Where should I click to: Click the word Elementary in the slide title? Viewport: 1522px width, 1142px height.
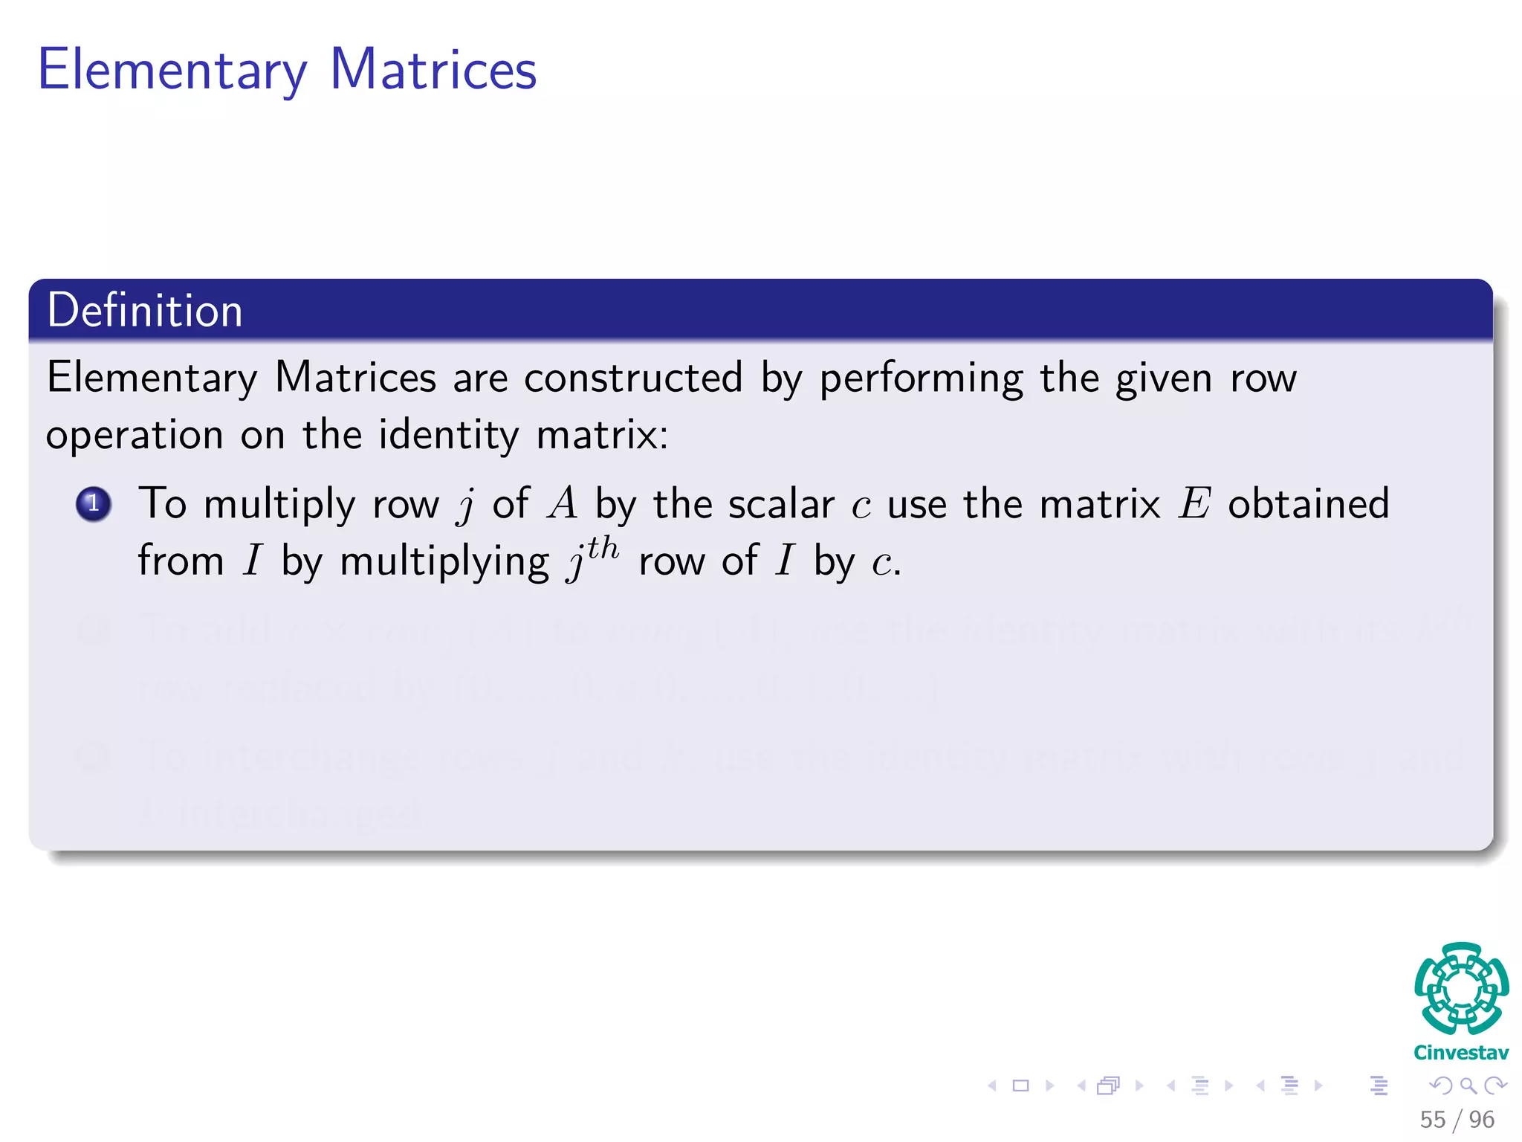click(172, 71)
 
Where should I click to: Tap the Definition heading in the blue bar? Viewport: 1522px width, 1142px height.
click(145, 310)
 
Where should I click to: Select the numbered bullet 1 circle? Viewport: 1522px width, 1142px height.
click(94, 504)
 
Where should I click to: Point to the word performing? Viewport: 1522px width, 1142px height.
click(922, 379)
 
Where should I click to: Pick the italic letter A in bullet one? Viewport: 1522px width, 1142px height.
click(563, 503)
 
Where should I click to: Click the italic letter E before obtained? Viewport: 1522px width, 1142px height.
click(1194, 503)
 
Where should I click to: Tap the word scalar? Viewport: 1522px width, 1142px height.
click(781, 504)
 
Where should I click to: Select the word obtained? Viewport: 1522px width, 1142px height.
click(1308, 503)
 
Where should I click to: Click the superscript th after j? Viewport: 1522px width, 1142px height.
click(603, 549)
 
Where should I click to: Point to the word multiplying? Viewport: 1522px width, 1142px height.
click(444, 562)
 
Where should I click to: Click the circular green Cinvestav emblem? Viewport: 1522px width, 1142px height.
click(1461, 989)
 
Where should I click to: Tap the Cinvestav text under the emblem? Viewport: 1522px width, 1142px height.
click(1461, 1053)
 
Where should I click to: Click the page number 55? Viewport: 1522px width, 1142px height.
click(1433, 1120)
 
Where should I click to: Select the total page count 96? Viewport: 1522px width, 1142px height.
click(1481, 1120)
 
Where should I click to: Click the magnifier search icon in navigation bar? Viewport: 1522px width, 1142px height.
click(1468, 1085)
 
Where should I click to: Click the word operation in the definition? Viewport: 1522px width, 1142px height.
click(135, 436)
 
